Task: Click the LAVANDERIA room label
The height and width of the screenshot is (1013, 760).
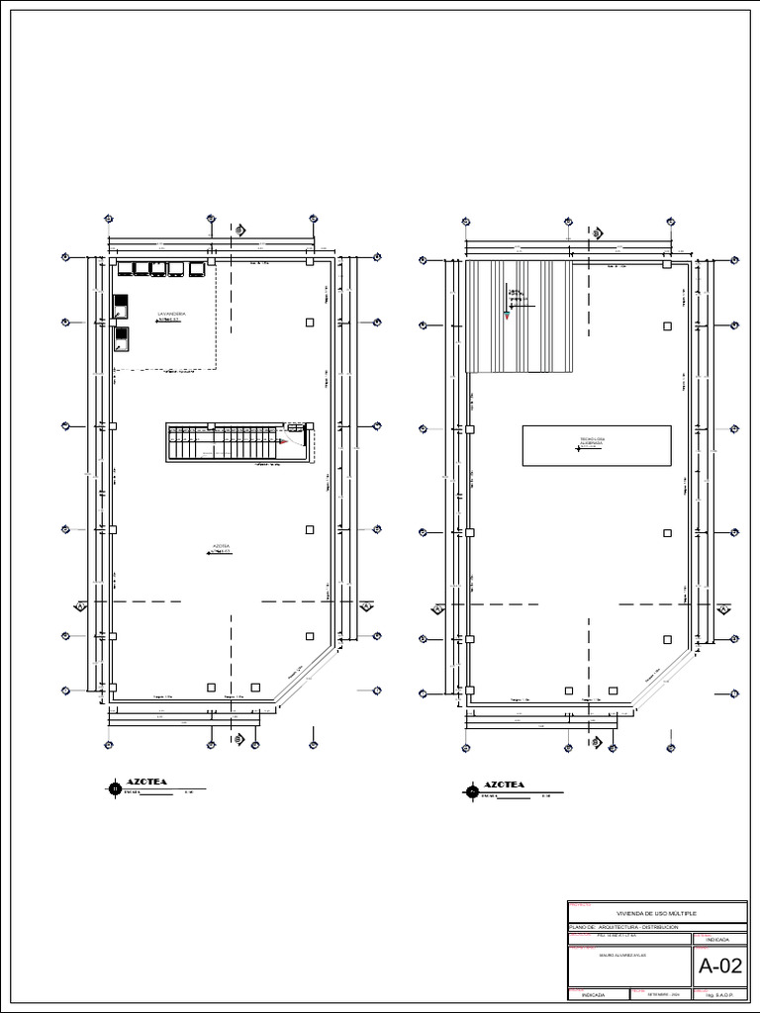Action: (172, 314)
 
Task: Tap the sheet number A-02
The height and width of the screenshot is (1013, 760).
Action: (720, 966)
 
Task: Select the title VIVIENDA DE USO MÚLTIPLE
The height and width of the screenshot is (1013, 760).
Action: (656, 913)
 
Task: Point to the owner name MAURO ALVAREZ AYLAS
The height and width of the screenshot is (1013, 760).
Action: (627, 956)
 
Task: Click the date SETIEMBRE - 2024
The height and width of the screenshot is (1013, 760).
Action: (663, 993)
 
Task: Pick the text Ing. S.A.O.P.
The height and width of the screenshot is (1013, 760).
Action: (720, 993)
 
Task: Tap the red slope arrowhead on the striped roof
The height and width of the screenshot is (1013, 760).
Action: (506, 317)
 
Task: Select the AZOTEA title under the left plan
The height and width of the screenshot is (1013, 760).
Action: (146, 783)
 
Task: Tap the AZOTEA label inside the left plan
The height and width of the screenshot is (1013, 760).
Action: (222, 546)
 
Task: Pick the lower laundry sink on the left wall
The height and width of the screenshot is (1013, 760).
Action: (121, 339)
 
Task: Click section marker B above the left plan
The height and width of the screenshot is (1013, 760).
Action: (238, 230)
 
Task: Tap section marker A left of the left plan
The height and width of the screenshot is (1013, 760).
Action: (80, 606)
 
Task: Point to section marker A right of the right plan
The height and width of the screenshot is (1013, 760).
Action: (722, 609)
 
